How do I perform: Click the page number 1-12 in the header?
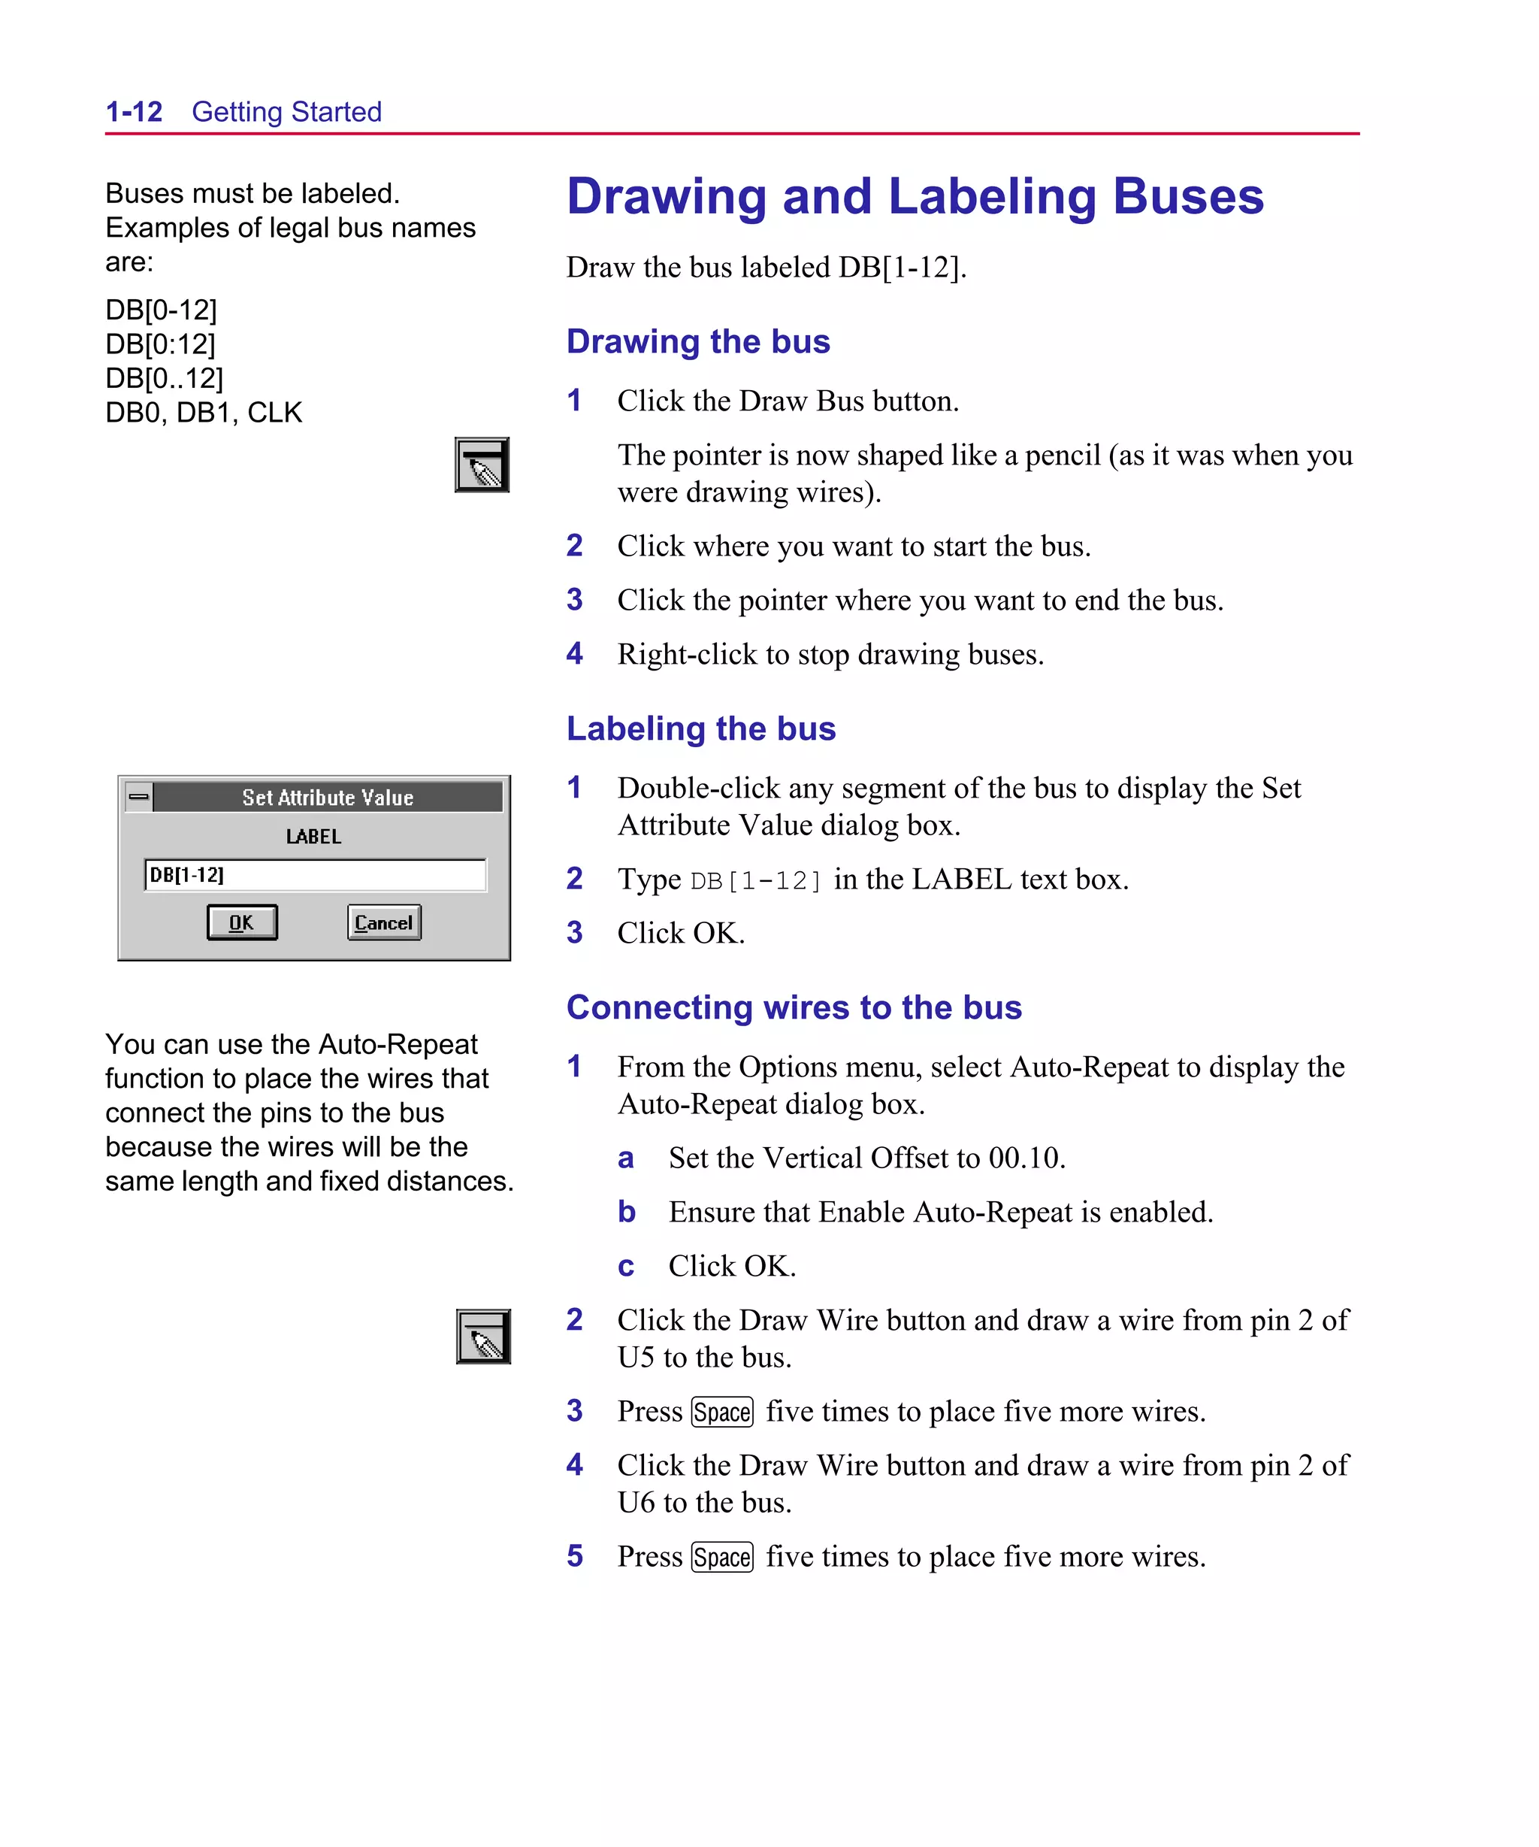click(x=134, y=112)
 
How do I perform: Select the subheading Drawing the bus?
click(x=697, y=341)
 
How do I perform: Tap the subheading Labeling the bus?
click(x=700, y=728)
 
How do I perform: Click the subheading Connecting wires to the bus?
click(x=794, y=1007)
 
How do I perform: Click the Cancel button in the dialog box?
click(x=383, y=922)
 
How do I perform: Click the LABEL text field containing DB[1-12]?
click(x=314, y=875)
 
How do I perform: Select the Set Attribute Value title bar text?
click(x=327, y=798)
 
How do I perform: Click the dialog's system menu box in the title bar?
click(x=139, y=797)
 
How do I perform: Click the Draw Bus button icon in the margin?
click(x=482, y=465)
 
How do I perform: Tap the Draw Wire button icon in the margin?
click(x=482, y=1336)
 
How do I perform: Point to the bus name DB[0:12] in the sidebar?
click(x=160, y=344)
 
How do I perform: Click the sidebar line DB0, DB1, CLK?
click(x=203, y=413)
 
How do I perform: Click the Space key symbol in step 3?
click(x=722, y=1412)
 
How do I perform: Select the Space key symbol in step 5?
click(x=722, y=1557)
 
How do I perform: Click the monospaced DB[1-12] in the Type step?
click(x=755, y=880)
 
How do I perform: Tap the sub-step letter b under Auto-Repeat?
click(x=626, y=1212)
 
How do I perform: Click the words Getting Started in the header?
click(x=287, y=112)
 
